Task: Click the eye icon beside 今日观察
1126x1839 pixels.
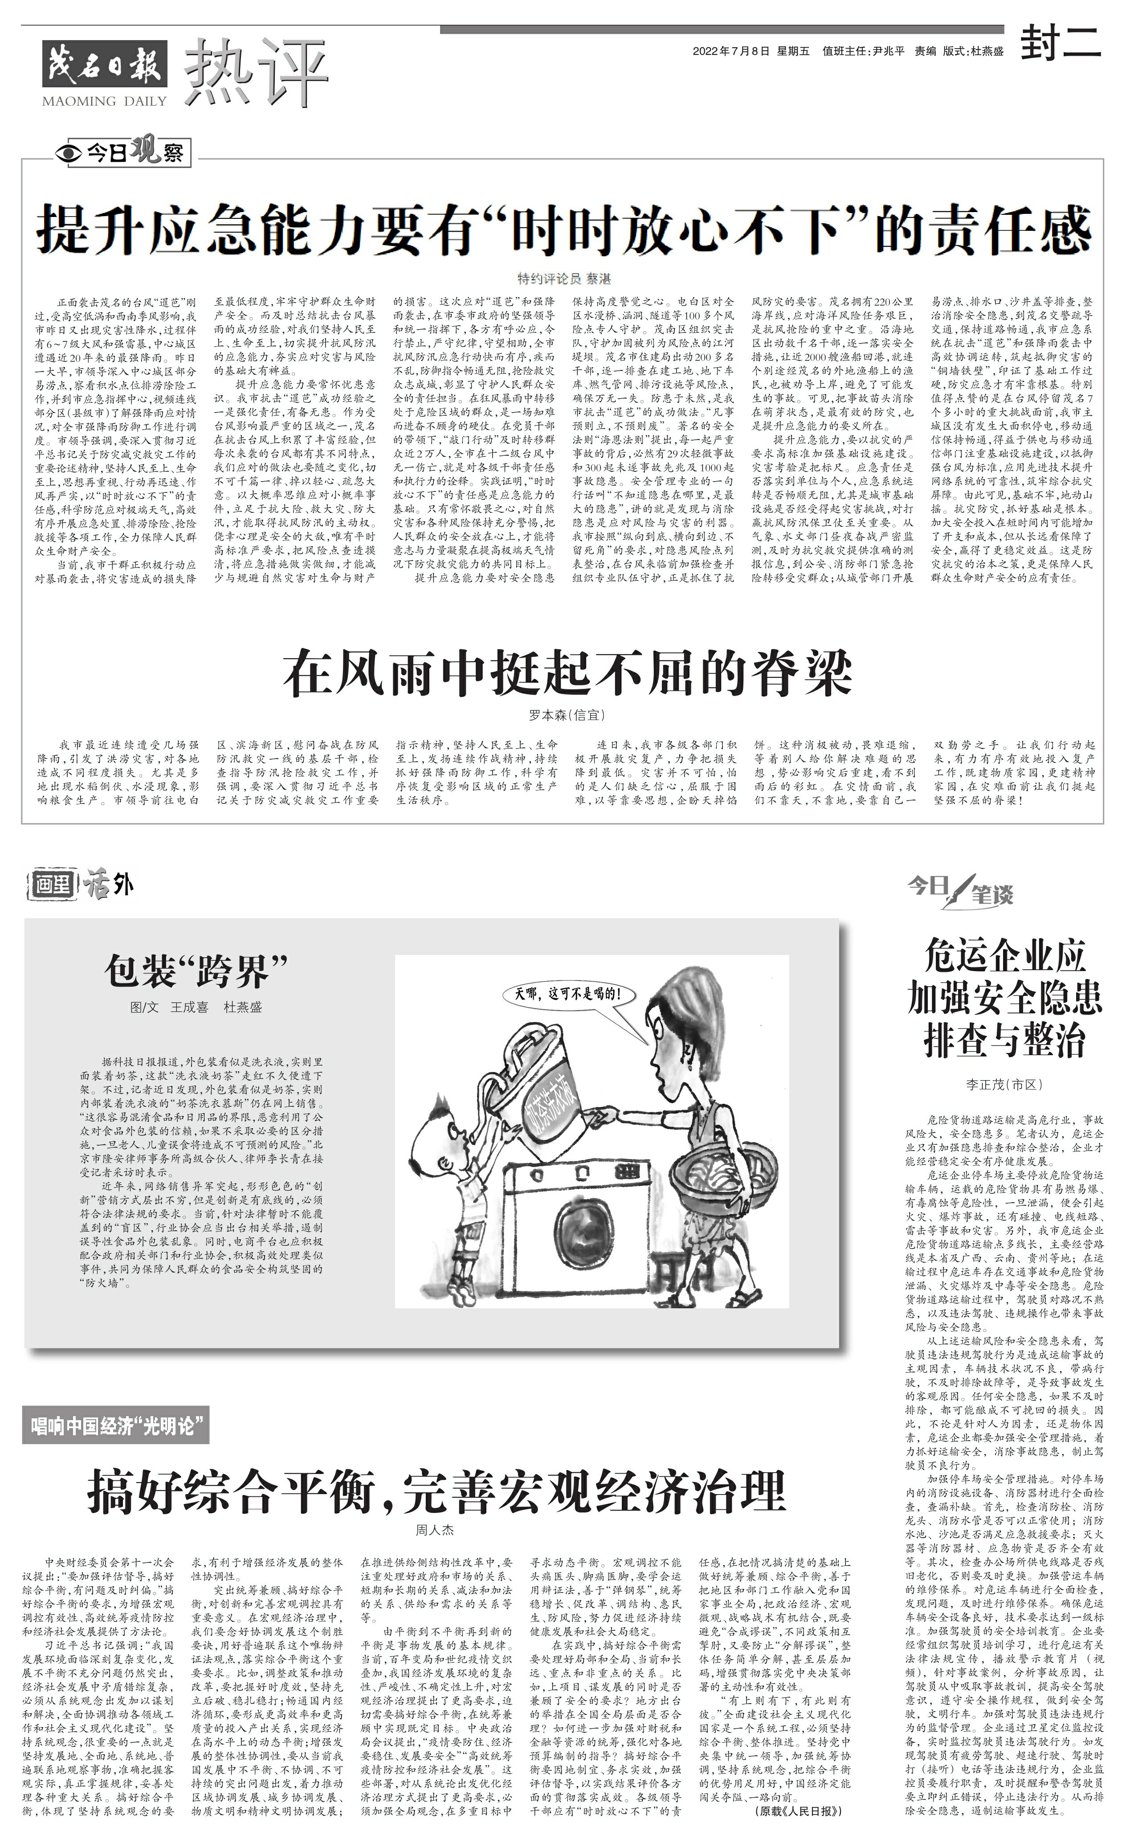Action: pyautogui.click(x=70, y=154)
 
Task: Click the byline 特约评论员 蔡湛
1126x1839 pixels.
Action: pyautogui.click(x=564, y=279)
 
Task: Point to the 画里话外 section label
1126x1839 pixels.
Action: pyautogui.click(x=82, y=885)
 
